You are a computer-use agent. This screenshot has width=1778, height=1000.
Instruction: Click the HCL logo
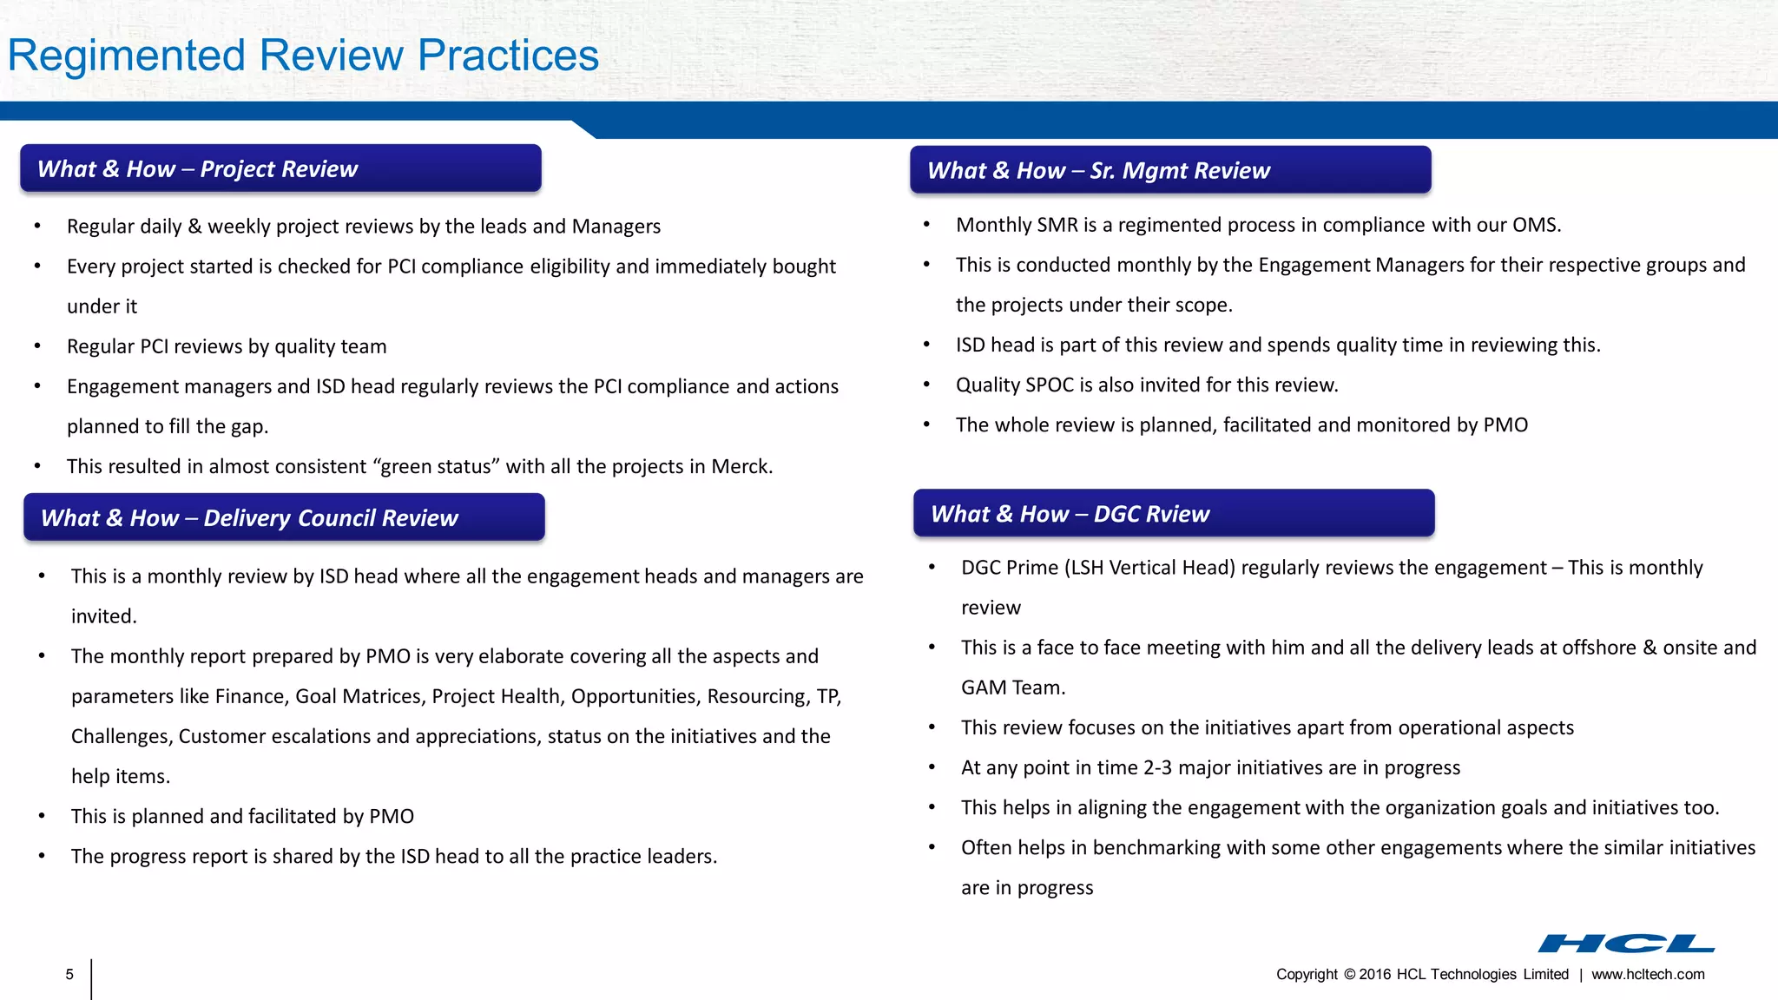pyautogui.click(x=1626, y=944)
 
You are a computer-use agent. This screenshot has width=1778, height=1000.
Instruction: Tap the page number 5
pyautogui.click(x=69, y=975)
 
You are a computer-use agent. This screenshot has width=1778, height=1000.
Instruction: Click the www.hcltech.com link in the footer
pyautogui.click(x=1648, y=975)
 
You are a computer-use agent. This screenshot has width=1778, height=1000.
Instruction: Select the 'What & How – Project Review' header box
pyautogui.click(x=280, y=168)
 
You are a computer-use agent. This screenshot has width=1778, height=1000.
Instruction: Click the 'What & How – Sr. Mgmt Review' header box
pyautogui.click(x=1169, y=170)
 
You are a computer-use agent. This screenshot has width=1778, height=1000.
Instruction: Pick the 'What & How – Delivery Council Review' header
pyautogui.click(x=284, y=517)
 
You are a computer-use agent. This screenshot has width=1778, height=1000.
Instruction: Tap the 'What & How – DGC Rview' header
pyautogui.click(x=1173, y=514)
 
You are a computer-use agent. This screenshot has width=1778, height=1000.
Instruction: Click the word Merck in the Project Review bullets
pyautogui.click(x=740, y=467)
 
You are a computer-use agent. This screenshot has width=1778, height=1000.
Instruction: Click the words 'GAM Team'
pyautogui.click(x=1011, y=687)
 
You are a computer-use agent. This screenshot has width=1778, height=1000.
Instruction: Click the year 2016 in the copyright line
pyautogui.click(x=1375, y=975)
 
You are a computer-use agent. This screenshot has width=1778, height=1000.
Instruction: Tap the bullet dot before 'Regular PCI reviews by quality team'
pyautogui.click(x=37, y=346)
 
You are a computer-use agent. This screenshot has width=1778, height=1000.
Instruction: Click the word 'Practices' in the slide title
pyautogui.click(x=508, y=56)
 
